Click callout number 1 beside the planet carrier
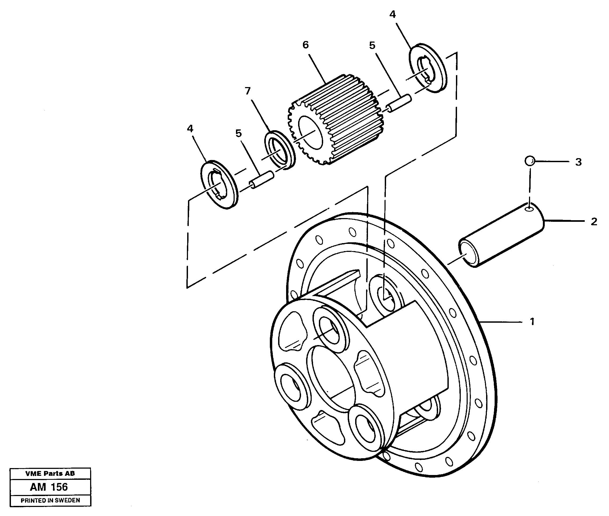point(532,322)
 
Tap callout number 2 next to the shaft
point(594,222)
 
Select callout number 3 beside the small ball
point(578,162)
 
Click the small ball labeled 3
point(530,161)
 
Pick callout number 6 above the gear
point(306,45)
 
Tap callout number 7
point(248,91)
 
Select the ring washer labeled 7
point(280,150)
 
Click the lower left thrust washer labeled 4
point(219,185)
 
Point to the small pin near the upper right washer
point(399,103)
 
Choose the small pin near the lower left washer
point(262,180)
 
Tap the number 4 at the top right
point(392,14)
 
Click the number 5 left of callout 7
point(238,133)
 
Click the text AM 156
point(49,487)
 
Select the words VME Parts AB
point(50,473)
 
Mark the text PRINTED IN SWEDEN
point(50,501)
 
